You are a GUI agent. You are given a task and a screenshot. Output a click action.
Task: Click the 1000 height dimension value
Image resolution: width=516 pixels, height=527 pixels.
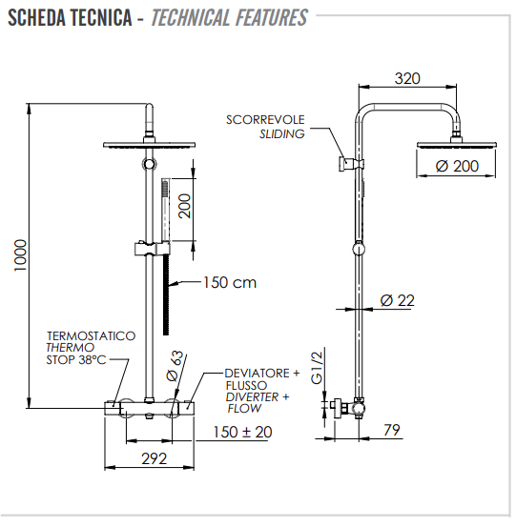21,255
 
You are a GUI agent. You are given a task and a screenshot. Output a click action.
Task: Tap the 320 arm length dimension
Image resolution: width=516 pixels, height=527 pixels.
407,79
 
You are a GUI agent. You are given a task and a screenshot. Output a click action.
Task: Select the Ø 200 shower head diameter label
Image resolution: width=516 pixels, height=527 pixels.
457,166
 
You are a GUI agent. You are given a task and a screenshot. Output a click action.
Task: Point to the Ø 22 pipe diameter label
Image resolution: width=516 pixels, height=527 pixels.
398,300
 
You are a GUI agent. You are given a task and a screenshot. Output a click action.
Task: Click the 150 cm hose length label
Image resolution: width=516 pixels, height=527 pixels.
230,282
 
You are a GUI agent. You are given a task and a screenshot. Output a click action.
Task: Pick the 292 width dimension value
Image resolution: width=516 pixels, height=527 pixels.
155,458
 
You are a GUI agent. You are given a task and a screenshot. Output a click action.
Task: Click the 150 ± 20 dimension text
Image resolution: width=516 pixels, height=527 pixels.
243,432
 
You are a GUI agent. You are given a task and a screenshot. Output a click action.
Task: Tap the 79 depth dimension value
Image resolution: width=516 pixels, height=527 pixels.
392,430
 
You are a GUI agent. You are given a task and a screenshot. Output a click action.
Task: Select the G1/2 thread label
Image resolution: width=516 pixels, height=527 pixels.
317,368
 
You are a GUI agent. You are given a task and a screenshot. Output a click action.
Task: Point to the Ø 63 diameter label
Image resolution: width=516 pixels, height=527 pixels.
175,366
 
